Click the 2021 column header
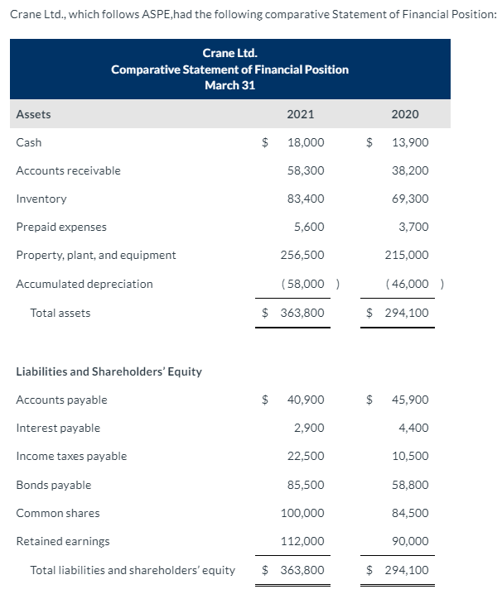[299, 114]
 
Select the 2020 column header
[404, 114]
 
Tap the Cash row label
[29, 142]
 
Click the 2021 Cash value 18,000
[306, 142]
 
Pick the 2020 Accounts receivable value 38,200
[410, 170]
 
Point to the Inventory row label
[41, 199]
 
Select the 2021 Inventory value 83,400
[306, 199]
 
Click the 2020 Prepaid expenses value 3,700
[413, 227]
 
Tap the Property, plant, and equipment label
[96, 255]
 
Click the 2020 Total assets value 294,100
[407, 313]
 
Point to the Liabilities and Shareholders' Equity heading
[109, 371]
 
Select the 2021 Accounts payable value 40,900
[306, 400]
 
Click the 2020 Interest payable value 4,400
[413, 428]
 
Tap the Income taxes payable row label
[72, 456]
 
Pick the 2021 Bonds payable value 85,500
[306, 485]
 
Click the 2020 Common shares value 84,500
[410, 513]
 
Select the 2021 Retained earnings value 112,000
[304, 541]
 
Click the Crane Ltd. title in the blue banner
[229, 54]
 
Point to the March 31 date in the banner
[229, 85]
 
